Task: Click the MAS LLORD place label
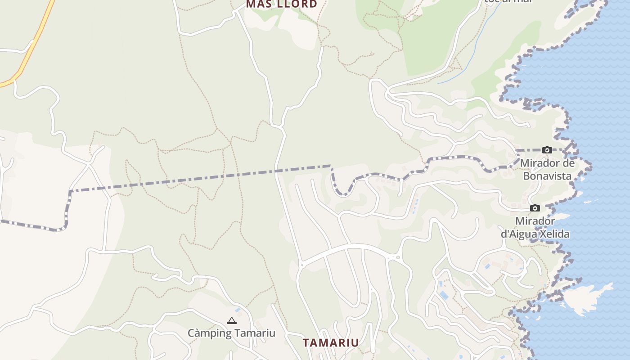pyautogui.click(x=281, y=4)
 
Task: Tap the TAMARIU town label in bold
pyautogui.click(x=331, y=343)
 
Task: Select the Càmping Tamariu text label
pyautogui.click(x=231, y=333)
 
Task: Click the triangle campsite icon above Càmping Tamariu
pyautogui.click(x=232, y=321)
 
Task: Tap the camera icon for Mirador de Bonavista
pyautogui.click(x=547, y=150)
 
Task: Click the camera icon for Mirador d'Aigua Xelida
pyautogui.click(x=535, y=208)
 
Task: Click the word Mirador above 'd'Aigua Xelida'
pyautogui.click(x=535, y=221)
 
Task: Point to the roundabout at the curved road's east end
pyautogui.click(x=398, y=258)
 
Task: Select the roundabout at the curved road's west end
pyautogui.click(x=301, y=265)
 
